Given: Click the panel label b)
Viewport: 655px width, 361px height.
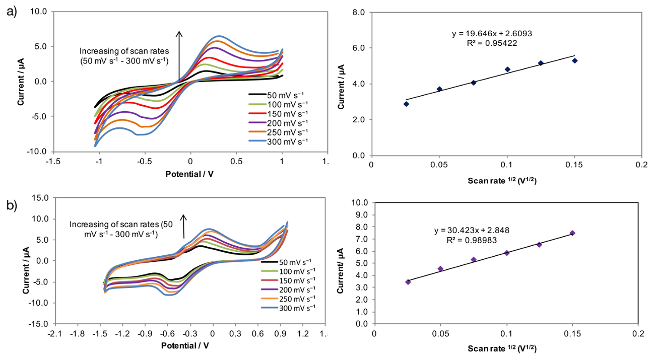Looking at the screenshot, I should tap(11, 205).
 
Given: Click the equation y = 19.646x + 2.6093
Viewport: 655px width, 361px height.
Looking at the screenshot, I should tap(492, 34).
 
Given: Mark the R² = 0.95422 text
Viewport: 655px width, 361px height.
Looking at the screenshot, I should tap(492, 43).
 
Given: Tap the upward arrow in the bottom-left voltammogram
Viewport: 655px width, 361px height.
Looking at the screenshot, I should tap(184, 226).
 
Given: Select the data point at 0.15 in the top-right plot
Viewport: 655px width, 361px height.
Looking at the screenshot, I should tap(574, 60).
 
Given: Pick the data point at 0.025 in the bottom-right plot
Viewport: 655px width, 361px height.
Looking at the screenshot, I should tap(408, 282).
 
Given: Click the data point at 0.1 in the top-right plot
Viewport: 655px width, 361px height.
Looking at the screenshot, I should tap(507, 69).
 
